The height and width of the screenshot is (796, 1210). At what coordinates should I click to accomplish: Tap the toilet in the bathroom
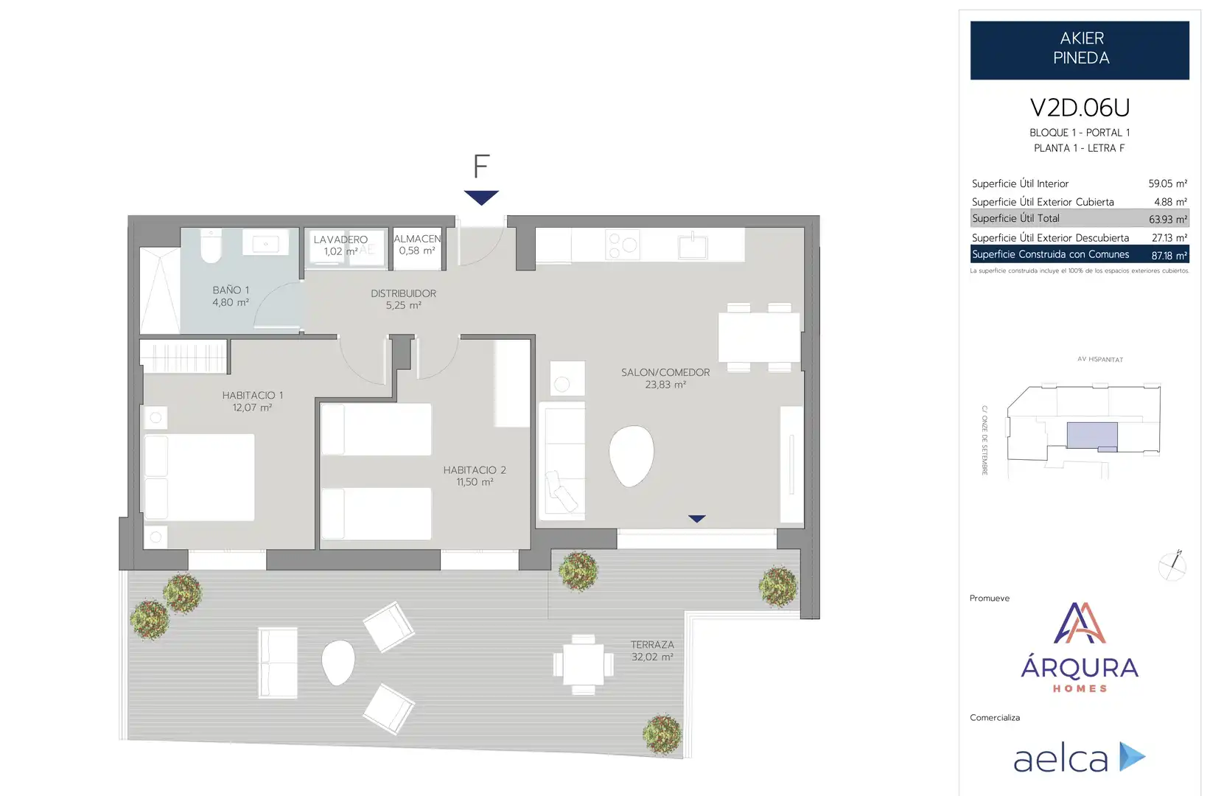(211, 246)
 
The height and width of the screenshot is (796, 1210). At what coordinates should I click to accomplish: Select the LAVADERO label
(340, 240)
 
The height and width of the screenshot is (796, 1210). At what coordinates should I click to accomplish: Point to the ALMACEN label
(417, 238)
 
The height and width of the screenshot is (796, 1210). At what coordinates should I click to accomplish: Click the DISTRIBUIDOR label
(403, 293)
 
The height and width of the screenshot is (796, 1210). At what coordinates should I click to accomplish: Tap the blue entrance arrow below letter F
(480, 198)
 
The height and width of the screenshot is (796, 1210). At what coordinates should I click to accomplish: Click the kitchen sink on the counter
(693, 247)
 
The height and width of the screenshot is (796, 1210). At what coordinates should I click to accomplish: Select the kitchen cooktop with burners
(622, 244)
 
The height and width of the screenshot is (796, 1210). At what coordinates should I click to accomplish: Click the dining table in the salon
(758, 338)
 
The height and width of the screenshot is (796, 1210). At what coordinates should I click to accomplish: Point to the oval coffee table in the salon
(632, 455)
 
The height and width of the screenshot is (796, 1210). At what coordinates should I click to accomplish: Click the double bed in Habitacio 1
(197, 477)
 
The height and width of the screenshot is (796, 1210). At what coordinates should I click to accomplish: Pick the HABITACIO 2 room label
(475, 470)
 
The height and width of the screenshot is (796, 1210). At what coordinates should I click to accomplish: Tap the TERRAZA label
(652, 645)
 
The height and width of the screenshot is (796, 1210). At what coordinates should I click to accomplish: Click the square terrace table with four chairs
(584, 665)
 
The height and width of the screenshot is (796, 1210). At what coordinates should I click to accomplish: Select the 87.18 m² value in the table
(1169, 255)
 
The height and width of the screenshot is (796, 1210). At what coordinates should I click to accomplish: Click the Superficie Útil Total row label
(1015, 218)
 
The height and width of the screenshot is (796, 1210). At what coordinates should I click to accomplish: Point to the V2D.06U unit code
(1080, 108)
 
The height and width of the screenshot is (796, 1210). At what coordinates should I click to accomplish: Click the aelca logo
(1080, 757)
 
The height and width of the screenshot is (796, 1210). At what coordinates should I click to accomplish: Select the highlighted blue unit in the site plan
(1092, 436)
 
